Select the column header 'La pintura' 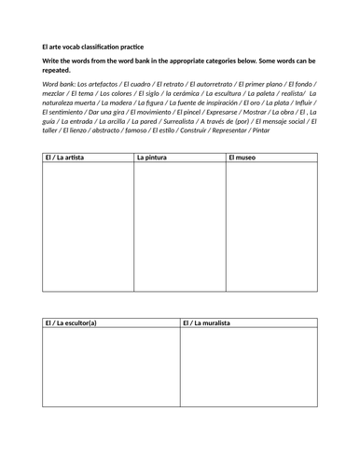coord(151,158)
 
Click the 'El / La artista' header coord(64,158)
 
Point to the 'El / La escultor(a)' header coord(71,323)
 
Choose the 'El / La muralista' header coord(206,323)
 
